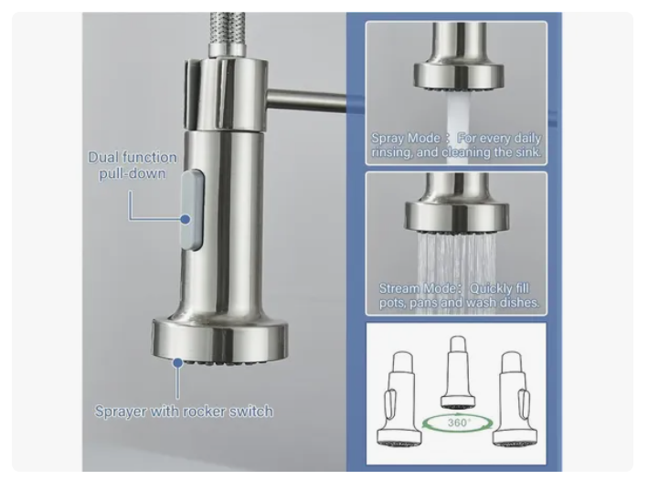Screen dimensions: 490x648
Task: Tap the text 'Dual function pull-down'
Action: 133,165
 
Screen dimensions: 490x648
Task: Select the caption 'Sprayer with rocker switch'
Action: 184,411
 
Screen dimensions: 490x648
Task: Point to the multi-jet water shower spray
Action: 455,260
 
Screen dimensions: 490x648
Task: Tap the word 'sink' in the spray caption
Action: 526,152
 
